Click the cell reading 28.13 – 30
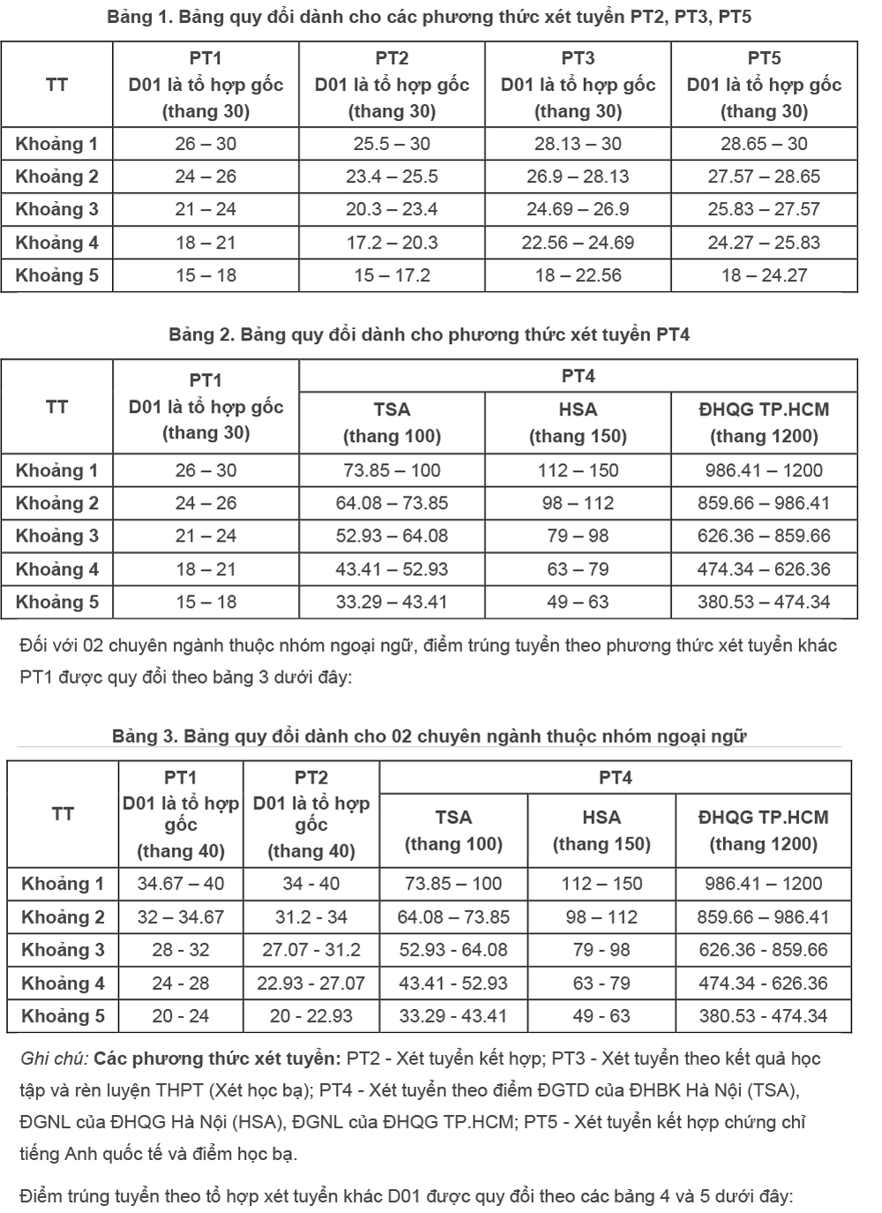578,144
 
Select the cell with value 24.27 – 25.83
764,243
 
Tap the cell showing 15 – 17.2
392,275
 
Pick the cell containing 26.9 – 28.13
578,176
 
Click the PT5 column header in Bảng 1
764,85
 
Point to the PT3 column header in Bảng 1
578,85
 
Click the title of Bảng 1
429,17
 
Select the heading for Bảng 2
429,334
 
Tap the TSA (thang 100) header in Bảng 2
392,423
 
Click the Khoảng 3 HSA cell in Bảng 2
578,536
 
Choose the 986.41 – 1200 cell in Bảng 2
764,470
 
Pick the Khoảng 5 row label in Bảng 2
57,603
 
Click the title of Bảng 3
429,736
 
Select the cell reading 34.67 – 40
181,884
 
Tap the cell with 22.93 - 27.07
311,983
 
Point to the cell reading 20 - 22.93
311,1016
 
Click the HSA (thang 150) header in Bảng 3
602,831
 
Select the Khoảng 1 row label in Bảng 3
63,884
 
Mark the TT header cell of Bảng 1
57,85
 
